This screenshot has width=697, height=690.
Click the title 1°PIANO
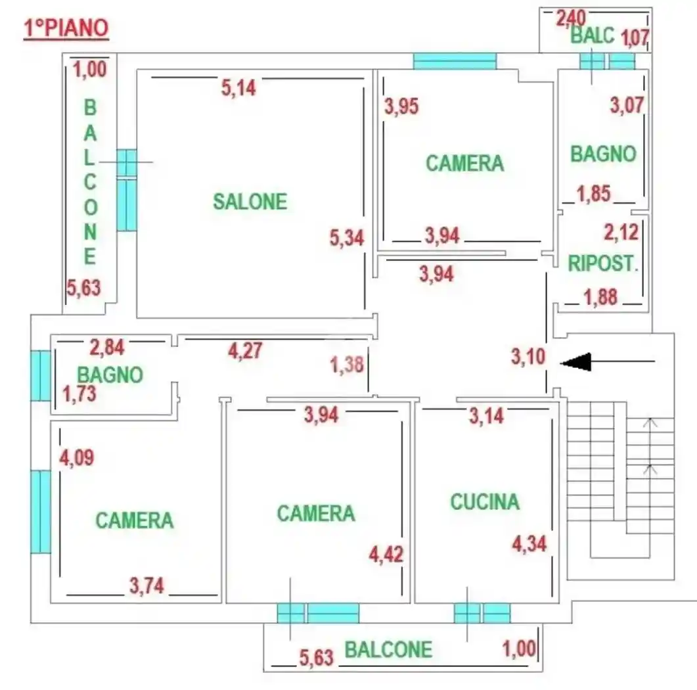pos(66,29)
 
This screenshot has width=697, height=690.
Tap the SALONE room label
pos(250,202)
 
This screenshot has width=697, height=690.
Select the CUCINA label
pos(484,502)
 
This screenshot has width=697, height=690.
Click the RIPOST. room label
pos(603,264)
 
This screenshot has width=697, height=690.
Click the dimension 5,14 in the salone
pos(238,87)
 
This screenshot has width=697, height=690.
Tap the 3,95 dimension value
pos(401,106)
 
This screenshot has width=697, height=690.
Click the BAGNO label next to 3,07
pos(603,154)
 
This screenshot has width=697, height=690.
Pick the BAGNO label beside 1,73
pos(110,375)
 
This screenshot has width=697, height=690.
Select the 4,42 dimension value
pos(386,554)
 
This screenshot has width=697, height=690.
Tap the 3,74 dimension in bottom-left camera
pos(146,586)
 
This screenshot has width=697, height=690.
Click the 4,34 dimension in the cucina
pos(529,544)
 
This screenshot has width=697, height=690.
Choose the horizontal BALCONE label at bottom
pos(388,650)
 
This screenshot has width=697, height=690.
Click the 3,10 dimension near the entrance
pos(528,357)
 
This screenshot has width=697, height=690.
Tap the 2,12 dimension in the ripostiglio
pos(621,233)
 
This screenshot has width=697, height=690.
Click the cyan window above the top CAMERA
pos(455,62)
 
